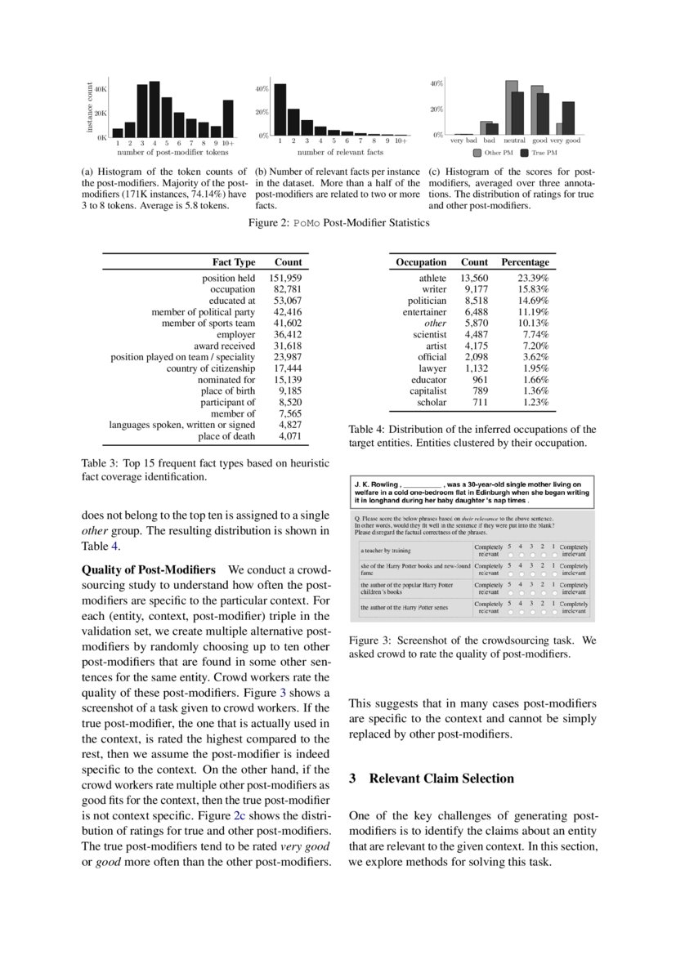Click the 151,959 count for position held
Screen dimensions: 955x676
tap(285, 279)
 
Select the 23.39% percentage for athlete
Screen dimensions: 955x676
tap(533, 279)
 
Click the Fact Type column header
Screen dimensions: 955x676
tap(234, 262)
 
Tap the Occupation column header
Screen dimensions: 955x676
tap(421, 262)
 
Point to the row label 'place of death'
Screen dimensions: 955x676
tap(226, 436)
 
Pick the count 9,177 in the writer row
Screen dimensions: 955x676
tap(474, 289)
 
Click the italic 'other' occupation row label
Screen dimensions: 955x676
tap(436, 323)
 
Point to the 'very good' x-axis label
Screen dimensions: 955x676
tap(565, 141)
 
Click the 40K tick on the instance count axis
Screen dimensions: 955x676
tap(101, 88)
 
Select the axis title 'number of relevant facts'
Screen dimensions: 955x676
tap(340, 152)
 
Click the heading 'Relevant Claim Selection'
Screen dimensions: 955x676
tap(441, 778)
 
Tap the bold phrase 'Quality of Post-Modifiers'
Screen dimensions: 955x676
tap(149, 569)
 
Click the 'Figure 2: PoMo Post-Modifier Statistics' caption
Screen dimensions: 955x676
tap(338, 223)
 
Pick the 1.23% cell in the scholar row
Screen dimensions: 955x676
tap(533, 403)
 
